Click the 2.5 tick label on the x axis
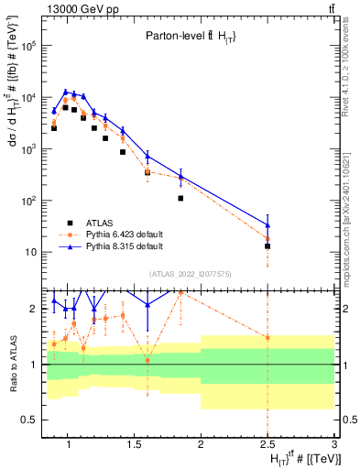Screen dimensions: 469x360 click(x=267, y=444)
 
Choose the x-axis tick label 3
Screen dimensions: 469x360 click(x=334, y=444)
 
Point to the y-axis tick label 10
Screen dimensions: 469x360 click(x=30, y=252)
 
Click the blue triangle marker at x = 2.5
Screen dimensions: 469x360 click(x=267, y=224)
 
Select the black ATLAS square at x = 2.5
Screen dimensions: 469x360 click(x=267, y=246)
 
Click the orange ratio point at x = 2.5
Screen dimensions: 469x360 click(x=267, y=337)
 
